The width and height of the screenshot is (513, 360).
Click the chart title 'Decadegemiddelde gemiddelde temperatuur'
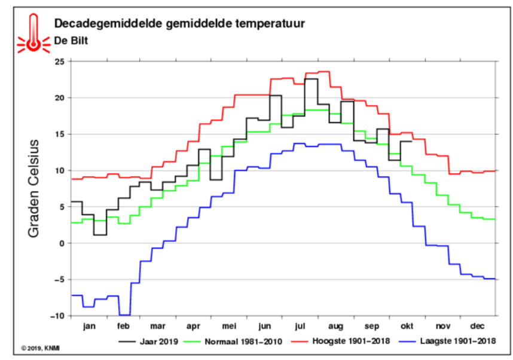[179, 24]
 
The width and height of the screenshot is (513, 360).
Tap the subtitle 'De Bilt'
[71, 41]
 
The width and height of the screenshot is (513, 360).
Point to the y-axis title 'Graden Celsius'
[33, 188]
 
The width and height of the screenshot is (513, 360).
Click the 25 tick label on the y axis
[60, 62]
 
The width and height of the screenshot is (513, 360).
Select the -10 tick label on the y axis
[58, 316]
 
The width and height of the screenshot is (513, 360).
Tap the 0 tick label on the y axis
[62, 243]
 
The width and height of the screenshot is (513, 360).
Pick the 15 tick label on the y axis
[60, 134]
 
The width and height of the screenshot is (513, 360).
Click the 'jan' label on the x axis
[89, 327]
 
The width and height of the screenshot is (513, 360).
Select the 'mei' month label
[229, 327]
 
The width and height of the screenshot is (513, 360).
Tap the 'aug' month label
[335, 327]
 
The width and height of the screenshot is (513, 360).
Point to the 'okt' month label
[407, 327]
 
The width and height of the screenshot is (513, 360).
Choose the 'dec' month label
[477, 327]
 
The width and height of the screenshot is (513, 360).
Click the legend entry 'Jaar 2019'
[148, 341]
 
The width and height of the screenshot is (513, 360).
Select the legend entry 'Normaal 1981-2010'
[233, 341]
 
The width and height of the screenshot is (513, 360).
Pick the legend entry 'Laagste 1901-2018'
[448, 341]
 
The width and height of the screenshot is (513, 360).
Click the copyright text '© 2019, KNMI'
[41, 348]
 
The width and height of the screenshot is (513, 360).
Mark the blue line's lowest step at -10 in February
[124, 315]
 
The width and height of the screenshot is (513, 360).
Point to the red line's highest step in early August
[324, 71]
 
